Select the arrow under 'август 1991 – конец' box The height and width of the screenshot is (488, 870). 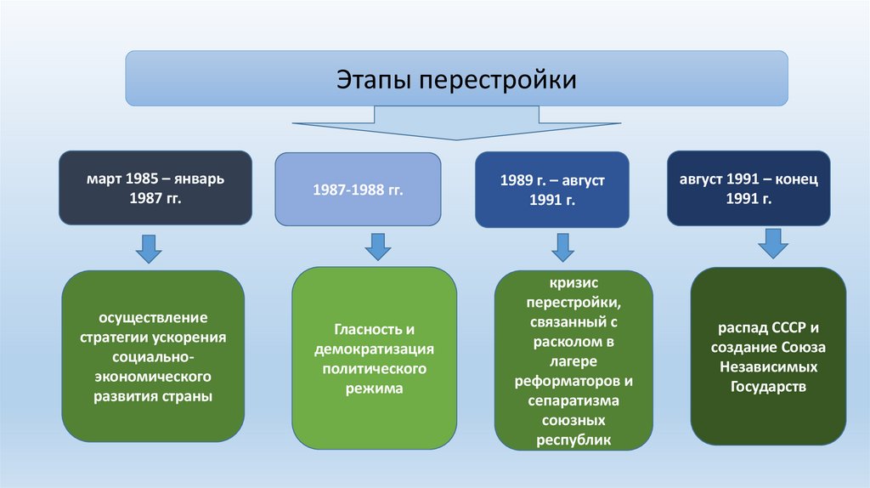point(773,243)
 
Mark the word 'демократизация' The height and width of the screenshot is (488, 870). point(375,349)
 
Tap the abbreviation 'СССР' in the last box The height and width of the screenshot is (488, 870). point(773,328)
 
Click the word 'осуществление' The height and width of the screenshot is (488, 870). point(153,318)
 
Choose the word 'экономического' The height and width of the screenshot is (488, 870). point(154,377)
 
